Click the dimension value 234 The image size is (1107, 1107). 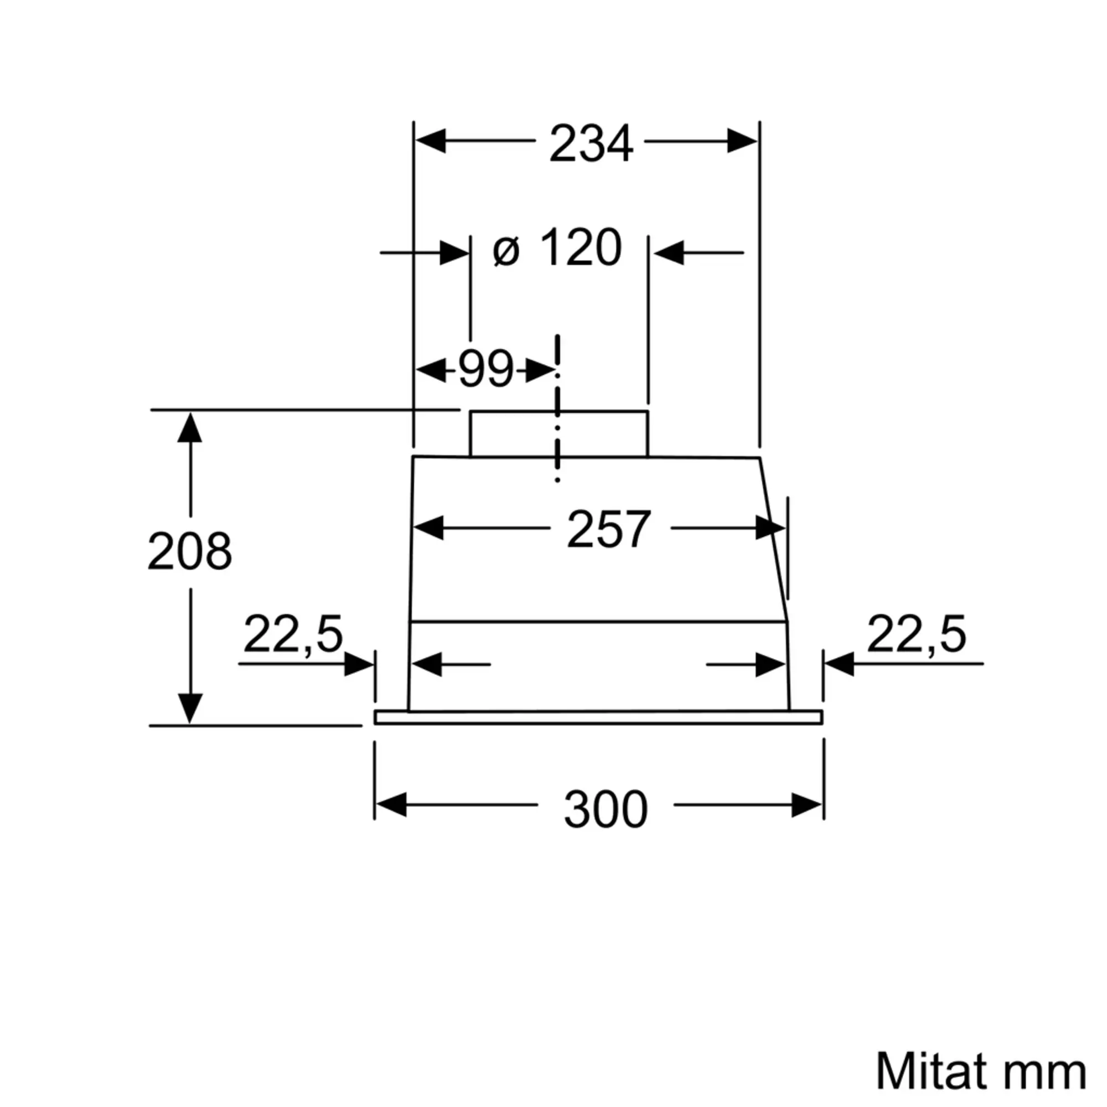coord(591,143)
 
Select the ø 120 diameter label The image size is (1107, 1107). coord(557,247)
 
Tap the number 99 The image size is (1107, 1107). coord(486,369)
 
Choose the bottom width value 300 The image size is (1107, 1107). coord(606,809)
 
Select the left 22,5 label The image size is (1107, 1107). coord(293,634)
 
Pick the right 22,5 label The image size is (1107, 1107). coord(916,634)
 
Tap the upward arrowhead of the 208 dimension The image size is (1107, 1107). coord(190,428)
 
